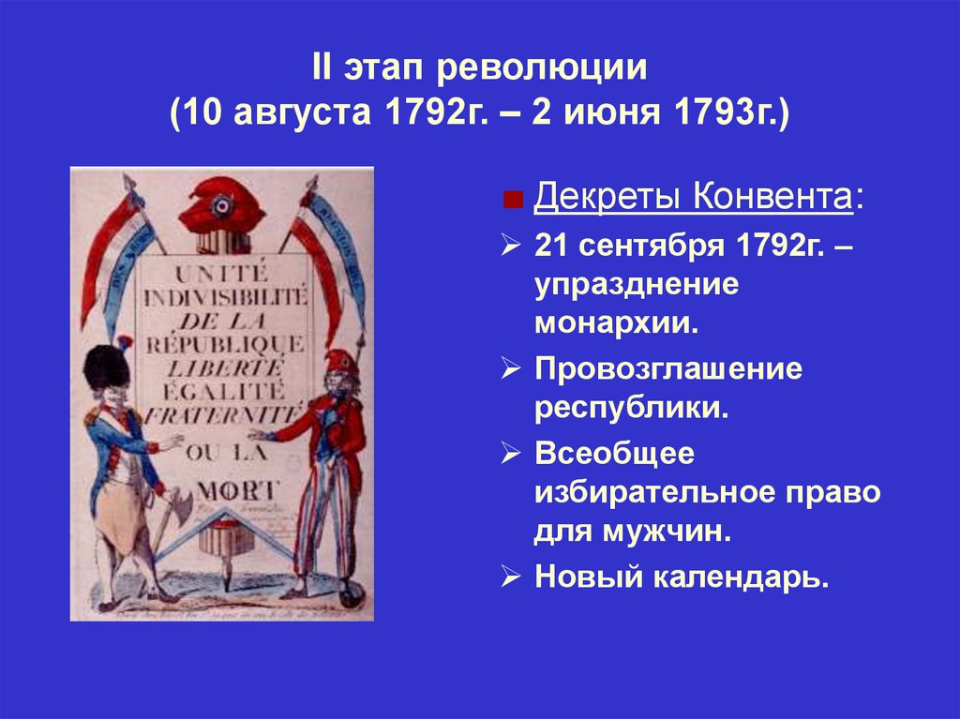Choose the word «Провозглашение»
pyautogui.click(x=668, y=368)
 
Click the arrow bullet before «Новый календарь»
pyautogui.click(x=511, y=576)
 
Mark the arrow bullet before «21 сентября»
pyautogui.click(x=511, y=246)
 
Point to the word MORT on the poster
pyautogui.click(x=233, y=488)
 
